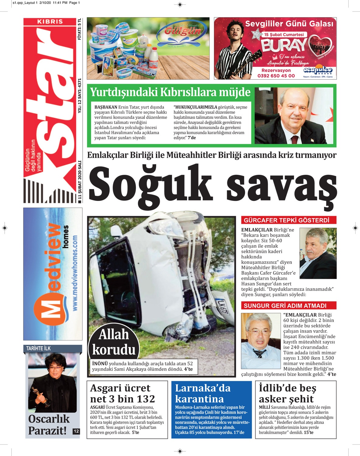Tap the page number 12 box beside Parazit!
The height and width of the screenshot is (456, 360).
coord(76,431)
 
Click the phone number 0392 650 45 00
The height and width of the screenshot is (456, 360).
coord(276,76)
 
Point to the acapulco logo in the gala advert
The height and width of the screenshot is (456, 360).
coord(318,71)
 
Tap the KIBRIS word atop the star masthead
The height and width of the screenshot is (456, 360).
coord(50,22)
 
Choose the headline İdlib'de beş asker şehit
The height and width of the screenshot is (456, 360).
coord(287,393)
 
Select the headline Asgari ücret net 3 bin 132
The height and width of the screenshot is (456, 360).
coord(123,393)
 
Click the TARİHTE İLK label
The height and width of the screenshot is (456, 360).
coord(38,348)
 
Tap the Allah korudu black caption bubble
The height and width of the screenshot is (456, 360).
coord(114,342)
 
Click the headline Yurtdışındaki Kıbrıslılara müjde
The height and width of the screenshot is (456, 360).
coord(170,92)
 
